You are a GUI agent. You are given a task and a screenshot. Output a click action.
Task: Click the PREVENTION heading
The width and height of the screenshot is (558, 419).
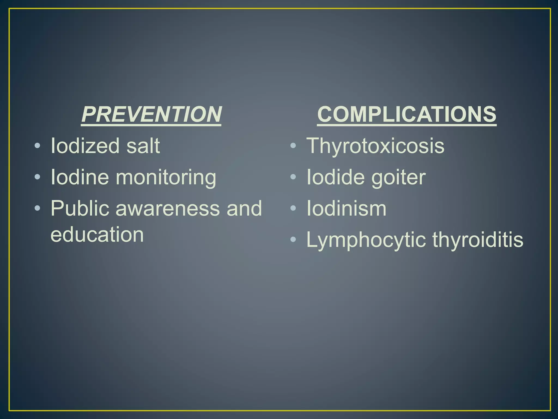[151, 115]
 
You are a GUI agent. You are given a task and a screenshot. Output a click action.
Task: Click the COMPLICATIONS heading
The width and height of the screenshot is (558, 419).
[407, 115]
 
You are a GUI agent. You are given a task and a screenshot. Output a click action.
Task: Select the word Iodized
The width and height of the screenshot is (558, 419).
[84, 146]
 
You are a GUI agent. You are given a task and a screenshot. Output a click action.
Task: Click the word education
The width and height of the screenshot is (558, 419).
[97, 235]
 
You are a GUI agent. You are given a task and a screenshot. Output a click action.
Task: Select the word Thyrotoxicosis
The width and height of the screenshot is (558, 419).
[375, 146]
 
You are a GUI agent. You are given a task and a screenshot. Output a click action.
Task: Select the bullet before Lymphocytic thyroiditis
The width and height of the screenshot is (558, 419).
[293, 240]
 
